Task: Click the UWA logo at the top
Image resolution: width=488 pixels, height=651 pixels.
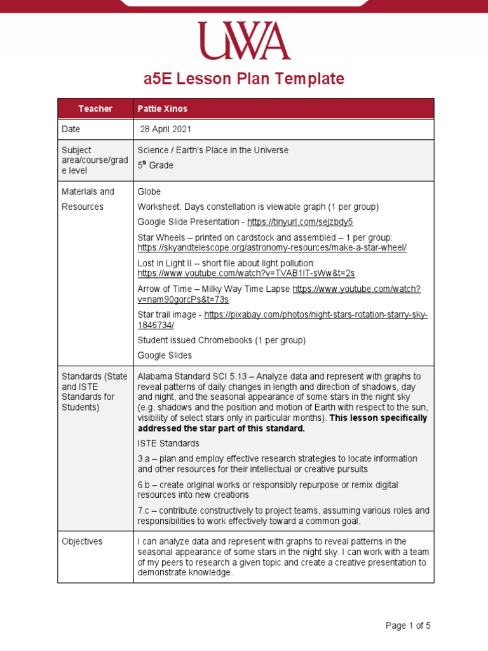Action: click(243, 41)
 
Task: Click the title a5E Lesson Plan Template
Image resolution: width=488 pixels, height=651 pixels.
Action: click(243, 79)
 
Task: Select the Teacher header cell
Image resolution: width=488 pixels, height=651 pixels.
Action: click(95, 109)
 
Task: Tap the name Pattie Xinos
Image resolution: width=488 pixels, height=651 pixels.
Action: click(163, 109)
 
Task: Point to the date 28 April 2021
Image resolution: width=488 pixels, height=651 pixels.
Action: click(166, 129)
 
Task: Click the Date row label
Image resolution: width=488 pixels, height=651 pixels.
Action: click(71, 129)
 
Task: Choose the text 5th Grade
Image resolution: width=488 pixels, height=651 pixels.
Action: click(156, 165)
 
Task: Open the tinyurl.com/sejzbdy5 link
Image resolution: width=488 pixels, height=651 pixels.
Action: click(300, 222)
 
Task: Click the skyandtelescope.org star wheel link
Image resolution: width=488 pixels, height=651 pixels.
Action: click(272, 248)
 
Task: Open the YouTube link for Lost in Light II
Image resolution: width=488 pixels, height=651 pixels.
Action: click(246, 273)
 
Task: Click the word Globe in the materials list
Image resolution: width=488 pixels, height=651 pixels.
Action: click(149, 191)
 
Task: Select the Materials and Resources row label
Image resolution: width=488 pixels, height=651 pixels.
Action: click(88, 199)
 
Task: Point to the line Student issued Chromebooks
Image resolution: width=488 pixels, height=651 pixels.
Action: click(221, 340)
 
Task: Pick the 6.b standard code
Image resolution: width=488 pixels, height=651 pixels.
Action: click(144, 484)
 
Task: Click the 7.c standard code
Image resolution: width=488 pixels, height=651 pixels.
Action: click(144, 511)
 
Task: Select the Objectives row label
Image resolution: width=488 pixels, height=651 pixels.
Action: click(82, 541)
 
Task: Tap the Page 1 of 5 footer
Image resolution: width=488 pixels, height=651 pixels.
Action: click(408, 626)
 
